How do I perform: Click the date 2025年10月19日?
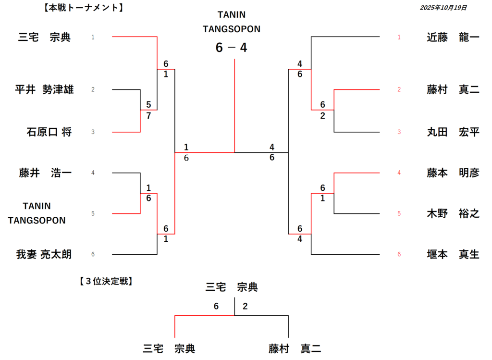pyautogui.click(x=443, y=8)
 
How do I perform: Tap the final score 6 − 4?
pyautogui.click(x=231, y=48)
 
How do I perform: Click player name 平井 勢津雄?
pyautogui.click(x=44, y=89)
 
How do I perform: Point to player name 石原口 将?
pyautogui.click(x=49, y=132)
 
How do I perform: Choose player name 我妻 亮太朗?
pyautogui.click(x=44, y=254)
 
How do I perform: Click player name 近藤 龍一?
pyautogui.click(x=453, y=37)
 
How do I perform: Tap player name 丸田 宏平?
pyautogui.click(x=453, y=132)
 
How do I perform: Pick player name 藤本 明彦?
pyautogui.click(x=453, y=173)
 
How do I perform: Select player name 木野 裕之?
pyautogui.click(x=453, y=213)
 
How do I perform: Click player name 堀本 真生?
pyautogui.click(x=453, y=254)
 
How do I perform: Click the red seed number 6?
pyautogui.click(x=399, y=254)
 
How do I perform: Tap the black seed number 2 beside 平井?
pyautogui.click(x=93, y=89)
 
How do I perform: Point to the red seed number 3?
pyautogui.click(x=399, y=132)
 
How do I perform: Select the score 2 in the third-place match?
pyautogui.click(x=245, y=306)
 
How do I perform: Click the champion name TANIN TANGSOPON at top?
pyautogui.click(x=231, y=22)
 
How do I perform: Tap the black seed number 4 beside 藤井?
pyautogui.click(x=93, y=173)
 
